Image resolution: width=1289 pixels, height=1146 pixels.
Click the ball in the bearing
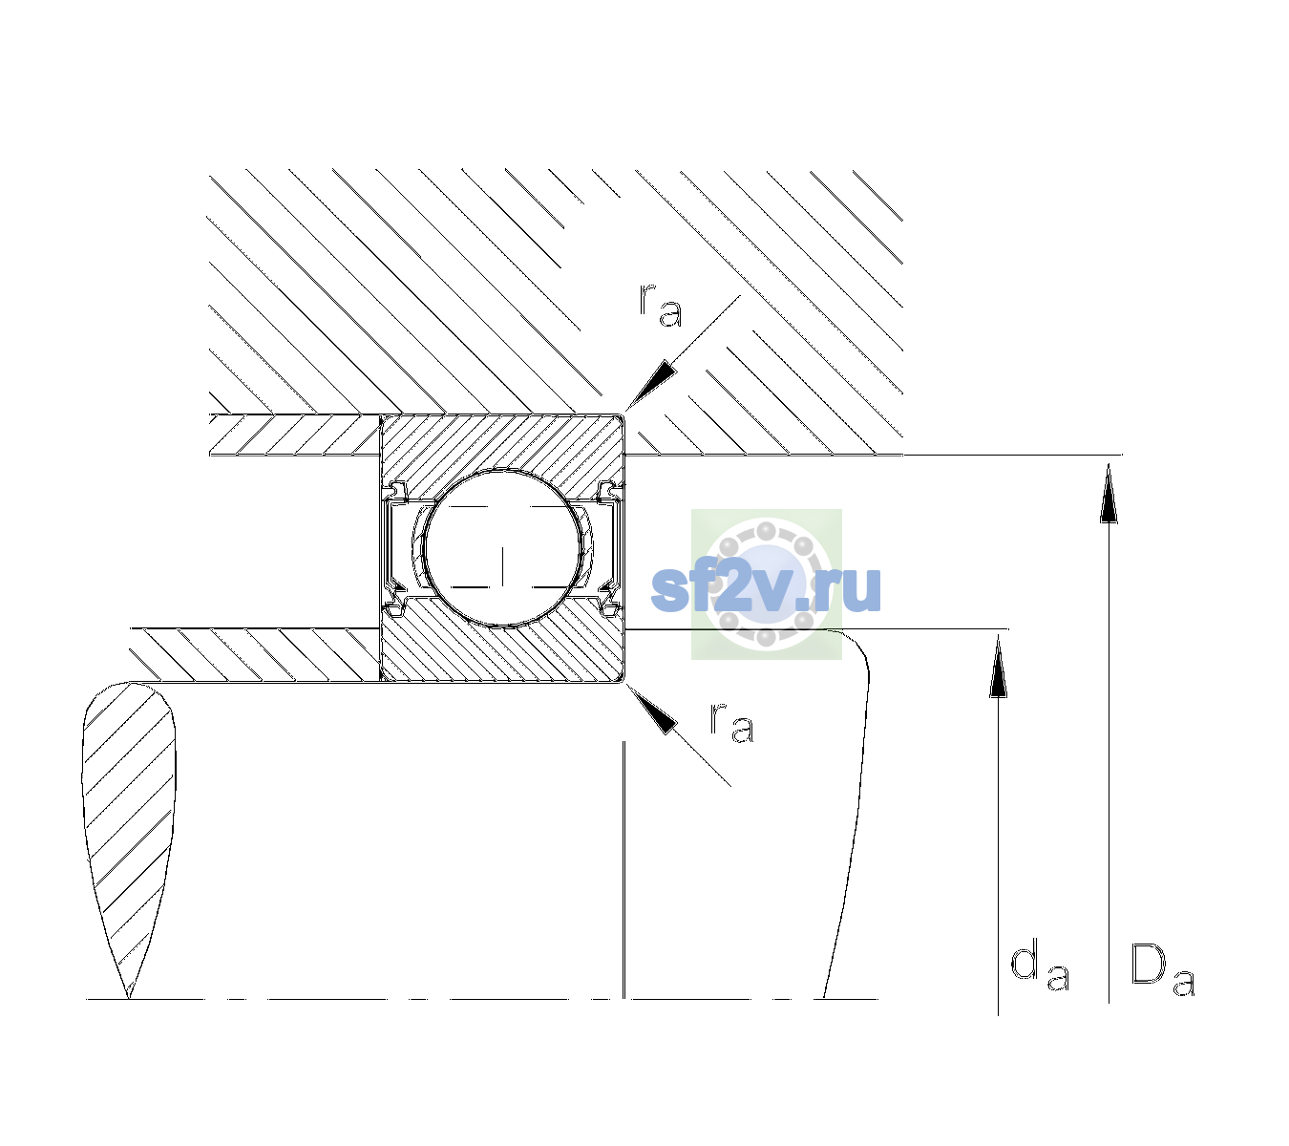[502, 548]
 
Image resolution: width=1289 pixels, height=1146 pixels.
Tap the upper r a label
[661, 306]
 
